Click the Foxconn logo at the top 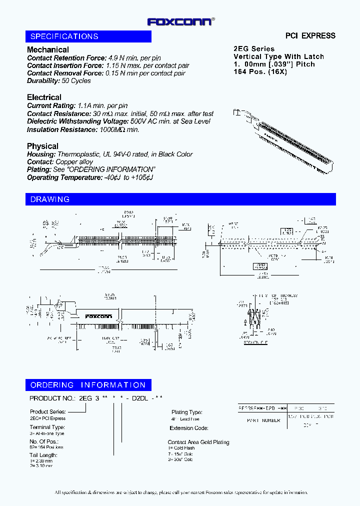pyautogui.click(x=180, y=21)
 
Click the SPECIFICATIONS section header pyautogui.click(x=64, y=36)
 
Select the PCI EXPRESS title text pyautogui.click(x=310, y=35)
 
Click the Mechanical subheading pyautogui.click(x=48, y=49)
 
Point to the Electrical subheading pyautogui.click(x=44, y=97)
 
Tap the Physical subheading pyautogui.click(x=42, y=146)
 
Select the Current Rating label pyautogui.click(x=50, y=105)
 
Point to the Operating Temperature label pyautogui.click(x=63, y=177)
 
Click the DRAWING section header pyautogui.click(x=50, y=199)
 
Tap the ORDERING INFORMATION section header pyautogui.click(x=88, y=385)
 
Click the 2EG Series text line pyautogui.click(x=254, y=49)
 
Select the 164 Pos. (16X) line pyautogui.click(x=260, y=71)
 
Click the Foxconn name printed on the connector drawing pyautogui.click(x=98, y=316)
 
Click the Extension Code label pyautogui.click(x=188, y=428)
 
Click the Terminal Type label pyautogui.click(x=47, y=427)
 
